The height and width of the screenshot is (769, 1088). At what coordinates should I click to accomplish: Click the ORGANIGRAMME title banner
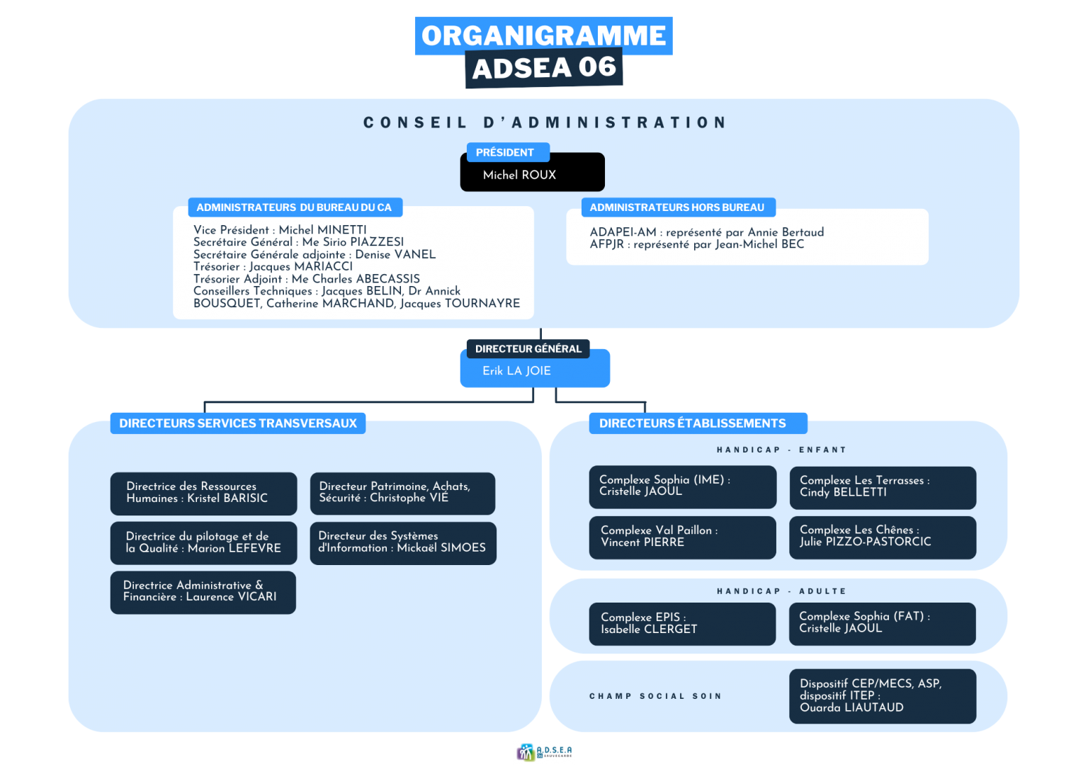tap(543, 36)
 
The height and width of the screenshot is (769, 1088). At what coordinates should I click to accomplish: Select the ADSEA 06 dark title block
tap(544, 68)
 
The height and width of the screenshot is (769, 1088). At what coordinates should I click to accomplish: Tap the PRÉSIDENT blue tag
tap(508, 152)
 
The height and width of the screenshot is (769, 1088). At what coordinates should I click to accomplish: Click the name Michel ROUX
tap(519, 176)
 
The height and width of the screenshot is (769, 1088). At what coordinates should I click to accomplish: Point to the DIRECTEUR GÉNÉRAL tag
tap(528, 348)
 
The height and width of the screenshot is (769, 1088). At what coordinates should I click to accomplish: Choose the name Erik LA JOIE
tap(516, 371)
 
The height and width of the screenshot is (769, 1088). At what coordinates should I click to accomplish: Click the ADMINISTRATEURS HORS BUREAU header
tap(678, 207)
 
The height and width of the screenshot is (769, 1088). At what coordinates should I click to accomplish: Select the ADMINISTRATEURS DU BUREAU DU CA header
tap(295, 207)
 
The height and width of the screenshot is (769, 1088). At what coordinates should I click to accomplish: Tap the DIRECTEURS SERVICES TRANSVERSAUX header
tap(238, 423)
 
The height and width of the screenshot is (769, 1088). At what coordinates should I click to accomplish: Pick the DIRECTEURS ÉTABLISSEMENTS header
tap(698, 423)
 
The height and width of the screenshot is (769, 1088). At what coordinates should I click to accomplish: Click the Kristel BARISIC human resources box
tap(203, 494)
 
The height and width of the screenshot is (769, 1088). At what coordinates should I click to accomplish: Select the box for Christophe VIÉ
tap(402, 494)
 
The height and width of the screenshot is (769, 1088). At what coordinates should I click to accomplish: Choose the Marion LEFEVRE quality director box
tap(203, 543)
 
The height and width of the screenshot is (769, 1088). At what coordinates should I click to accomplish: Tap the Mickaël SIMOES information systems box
tap(403, 543)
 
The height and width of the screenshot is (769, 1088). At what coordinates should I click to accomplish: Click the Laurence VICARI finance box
tap(203, 593)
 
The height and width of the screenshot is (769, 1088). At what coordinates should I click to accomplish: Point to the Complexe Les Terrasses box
tap(883, 488)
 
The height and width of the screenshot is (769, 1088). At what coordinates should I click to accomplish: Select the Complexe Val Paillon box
tap(682, 538)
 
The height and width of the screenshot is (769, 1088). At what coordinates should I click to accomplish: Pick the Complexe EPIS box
tap(682, 625)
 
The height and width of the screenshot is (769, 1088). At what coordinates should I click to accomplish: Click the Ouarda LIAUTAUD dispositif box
tap(883, 696)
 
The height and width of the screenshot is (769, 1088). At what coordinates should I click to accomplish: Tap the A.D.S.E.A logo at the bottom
tap(544, 752)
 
